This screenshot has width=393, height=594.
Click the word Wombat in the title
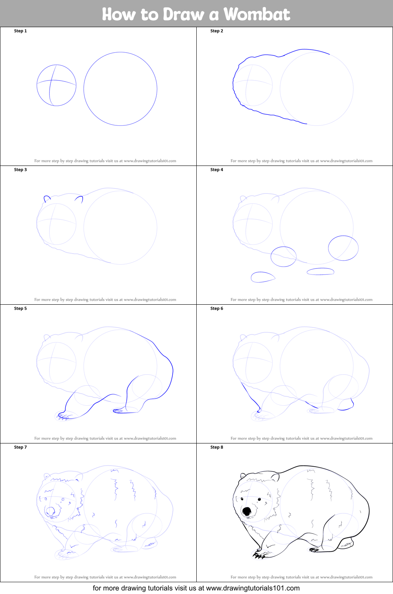point(256,14)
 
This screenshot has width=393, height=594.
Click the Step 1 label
point(20,31)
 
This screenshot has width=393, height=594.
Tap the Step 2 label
point(217,31)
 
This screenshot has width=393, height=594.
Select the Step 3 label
point(20,170)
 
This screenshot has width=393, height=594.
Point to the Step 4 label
point(217,170)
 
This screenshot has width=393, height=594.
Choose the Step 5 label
point(20,309)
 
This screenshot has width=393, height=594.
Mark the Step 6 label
point(217,309)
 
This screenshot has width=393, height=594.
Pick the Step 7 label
point(20,447)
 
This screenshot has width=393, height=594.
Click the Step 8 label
point(217,447)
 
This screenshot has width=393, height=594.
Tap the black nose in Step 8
point(246,511)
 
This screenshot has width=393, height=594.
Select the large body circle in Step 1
point(120,89)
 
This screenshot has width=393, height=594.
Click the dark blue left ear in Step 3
point(47,198)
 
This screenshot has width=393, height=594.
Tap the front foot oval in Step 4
point(262,277)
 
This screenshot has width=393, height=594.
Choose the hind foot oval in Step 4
point(321,271)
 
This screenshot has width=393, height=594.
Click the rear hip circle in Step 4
point(343,248)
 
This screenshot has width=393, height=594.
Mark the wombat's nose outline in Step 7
point(50,511)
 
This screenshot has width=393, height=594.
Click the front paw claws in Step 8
point(259,555)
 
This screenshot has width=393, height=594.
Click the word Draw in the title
point(185,14)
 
